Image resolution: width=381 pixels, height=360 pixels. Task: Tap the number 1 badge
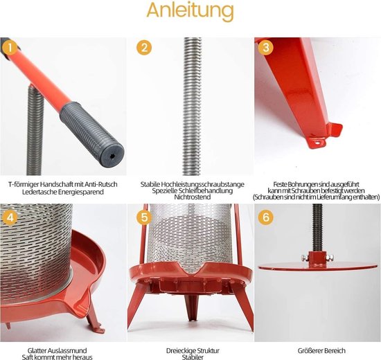pos(10,47)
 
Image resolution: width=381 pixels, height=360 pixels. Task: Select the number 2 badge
pos(144,47)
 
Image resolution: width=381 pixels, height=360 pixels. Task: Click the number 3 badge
pos(266,47)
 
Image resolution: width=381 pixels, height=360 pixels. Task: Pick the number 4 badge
pos(10,217)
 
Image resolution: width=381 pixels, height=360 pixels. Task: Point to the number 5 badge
pos(144,217)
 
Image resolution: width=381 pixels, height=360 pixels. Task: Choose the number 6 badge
pos(266,217)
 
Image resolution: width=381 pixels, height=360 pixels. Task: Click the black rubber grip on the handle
pos(92,133)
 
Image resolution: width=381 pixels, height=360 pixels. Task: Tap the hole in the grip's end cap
pos(112,156)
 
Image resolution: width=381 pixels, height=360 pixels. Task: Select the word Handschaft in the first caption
pos(57,184)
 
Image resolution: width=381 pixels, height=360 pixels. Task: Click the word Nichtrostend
pos(192,197)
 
